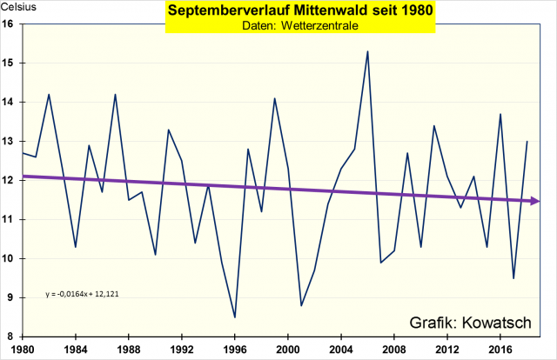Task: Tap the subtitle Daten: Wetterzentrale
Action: pos(278,27)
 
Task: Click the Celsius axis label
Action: pos(18,10)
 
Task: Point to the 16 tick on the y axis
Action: pos(9,24)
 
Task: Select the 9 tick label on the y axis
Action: pos(10,297)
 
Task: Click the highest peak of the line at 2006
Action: pos(367,51)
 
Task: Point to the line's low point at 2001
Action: pos(301,305)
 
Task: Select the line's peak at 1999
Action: pos(275,98)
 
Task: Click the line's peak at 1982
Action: pos(49,94)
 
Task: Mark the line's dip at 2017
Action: pos(513,278)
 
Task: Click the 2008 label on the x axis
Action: pos(394,350)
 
